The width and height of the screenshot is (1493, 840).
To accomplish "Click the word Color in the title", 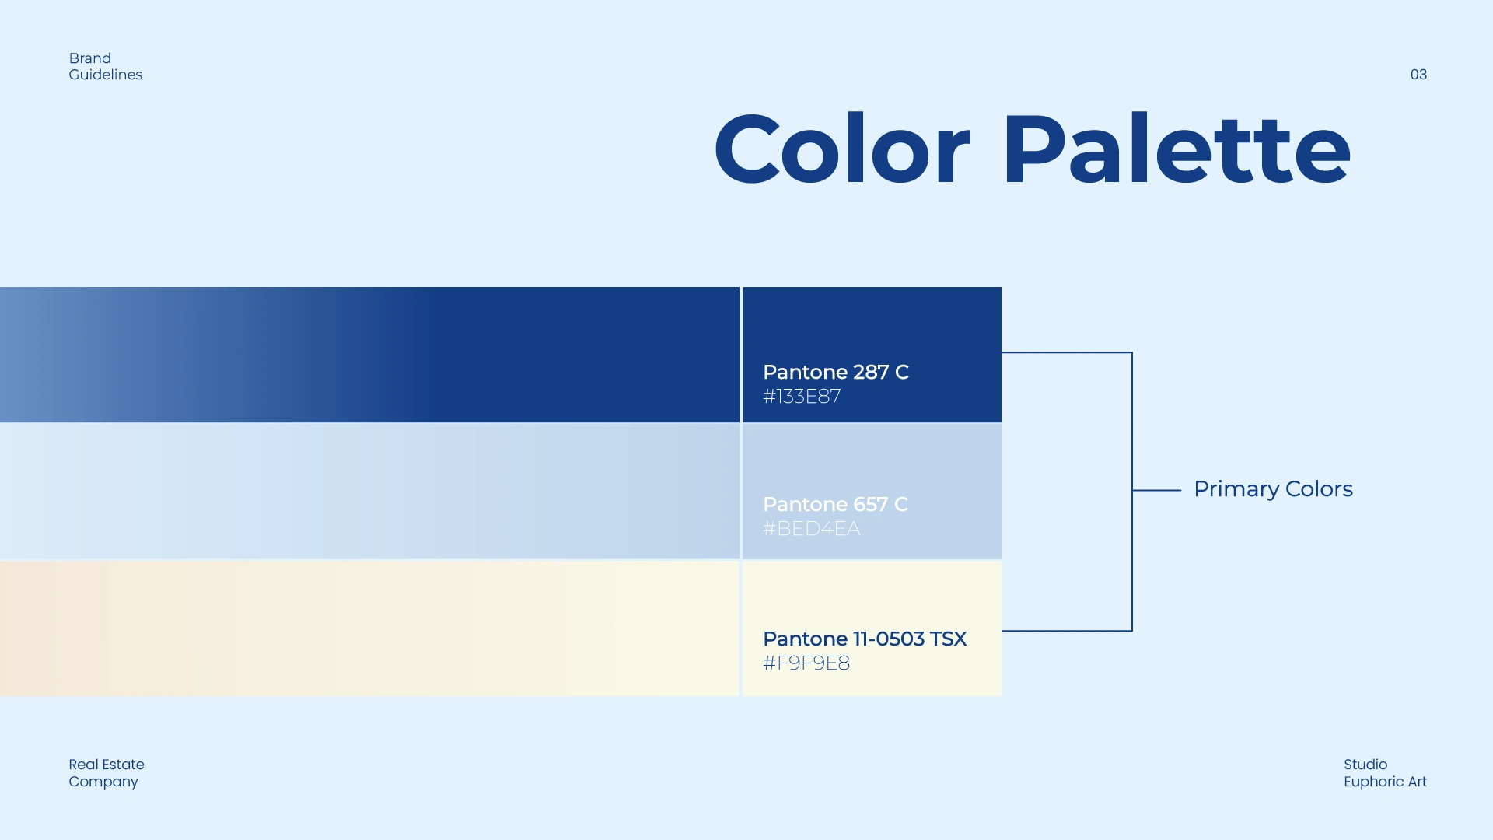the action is pyautogui.click(x=842, y=149).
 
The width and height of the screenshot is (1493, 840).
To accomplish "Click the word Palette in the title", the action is pyautogui.click(x=1177, y=149).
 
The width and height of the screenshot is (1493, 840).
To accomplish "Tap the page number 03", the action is pyautogui.click(x=1418, y=75).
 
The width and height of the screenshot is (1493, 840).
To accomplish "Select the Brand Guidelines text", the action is pyautogui.click(x=105, y=67).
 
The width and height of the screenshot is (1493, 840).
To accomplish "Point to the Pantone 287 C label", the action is pyautogui.click(x=835, y=372).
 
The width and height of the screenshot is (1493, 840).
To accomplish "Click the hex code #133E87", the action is pyautogui.click(x=802, y=397).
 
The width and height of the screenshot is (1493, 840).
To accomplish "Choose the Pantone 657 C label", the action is pyautogui.click(x=835, y=504).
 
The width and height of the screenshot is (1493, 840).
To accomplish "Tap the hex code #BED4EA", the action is pyautogui.click(x=811, y=529).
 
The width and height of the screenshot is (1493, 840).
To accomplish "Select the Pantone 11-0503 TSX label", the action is pyautogui.click(x=865, y=639).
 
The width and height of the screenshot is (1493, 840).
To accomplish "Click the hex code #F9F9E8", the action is pyautogui.click(x=806, y=663).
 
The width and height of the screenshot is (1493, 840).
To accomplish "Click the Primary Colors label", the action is pyautogui.click(x=1273, y=489).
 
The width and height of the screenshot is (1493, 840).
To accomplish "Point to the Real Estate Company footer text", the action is pyautogui.click(x=107, y=773).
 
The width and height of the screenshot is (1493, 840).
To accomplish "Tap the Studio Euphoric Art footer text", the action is pyautogui.click(x=1385, y=773).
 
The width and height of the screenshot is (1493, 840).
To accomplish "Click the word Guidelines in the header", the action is pyautogui.click(x=105, y=75).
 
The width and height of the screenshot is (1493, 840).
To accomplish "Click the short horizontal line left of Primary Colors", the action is pyautogui.click(x=1157, y=490).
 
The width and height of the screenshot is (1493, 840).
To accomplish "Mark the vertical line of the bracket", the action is pyautogui.click(x=1132, y=492).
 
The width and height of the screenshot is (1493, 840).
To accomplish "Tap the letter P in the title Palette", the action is pyautogui.click(x=1031, y=149).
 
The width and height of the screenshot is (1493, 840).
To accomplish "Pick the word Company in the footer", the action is pyautogui.click(x=103, y=782).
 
